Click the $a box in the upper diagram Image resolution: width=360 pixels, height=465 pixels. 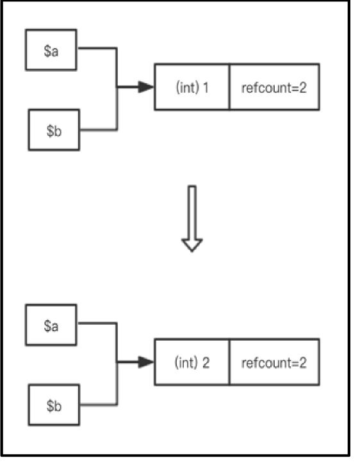(x=51, y=50)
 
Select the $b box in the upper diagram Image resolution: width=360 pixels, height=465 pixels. (x=54, y=130)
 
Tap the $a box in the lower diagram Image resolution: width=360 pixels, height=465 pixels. (x=51, y=325)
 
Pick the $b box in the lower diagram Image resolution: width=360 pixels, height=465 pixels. (x=54, y=405)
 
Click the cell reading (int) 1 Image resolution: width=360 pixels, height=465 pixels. (x=192, y=87)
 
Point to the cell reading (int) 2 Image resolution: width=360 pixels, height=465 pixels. (x=192, y=362)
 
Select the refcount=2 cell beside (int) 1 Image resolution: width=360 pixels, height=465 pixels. (x=274, y=87)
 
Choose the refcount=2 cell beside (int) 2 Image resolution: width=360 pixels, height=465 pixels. (x=274, y=362)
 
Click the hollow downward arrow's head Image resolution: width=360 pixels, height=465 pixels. (x=192, y=245)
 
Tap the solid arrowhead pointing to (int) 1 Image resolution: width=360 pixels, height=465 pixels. (x=146, y=87)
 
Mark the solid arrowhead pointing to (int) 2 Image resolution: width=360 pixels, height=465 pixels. (x=146, y=362)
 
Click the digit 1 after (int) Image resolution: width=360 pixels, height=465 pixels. (x=206, y=88)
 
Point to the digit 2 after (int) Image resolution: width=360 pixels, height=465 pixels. (x=206, y=363)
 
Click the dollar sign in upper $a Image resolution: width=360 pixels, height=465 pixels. (x=47, y=51)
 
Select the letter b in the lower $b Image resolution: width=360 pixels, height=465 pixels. (x=58, y=405)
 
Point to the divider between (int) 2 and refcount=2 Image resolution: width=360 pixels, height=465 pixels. (x=229, y=362)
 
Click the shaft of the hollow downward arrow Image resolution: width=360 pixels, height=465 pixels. (x=192, y=212)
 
